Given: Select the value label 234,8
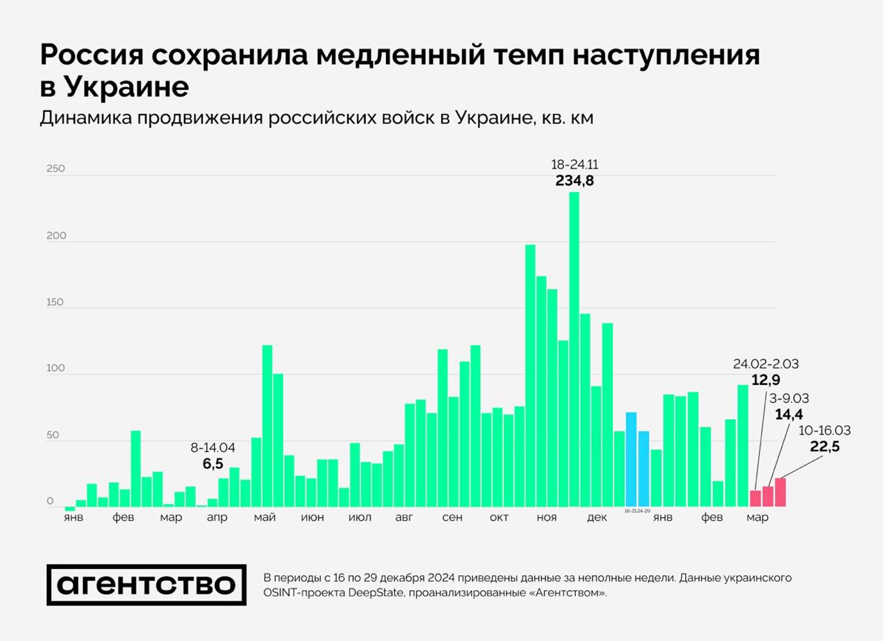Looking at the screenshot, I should point(575,181).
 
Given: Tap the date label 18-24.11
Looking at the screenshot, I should point(575,165).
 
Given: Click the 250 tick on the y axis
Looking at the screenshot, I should point(56,169).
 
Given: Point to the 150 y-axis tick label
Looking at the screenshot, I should point(55,302).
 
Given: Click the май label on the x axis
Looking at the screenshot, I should point(265,518).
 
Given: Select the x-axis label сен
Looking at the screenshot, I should point(452,518).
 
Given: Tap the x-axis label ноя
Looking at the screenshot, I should point(547,518).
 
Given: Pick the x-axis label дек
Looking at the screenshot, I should point(596,518).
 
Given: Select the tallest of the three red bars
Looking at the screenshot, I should point(780,492).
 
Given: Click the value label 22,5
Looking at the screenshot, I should point(824,447).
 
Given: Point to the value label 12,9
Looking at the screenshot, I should point(766,380).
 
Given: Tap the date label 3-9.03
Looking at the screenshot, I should point(789,398).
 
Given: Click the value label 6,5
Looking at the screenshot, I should point(213,464).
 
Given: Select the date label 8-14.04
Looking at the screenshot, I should point(213,448).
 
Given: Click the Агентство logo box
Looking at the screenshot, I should point(146,585).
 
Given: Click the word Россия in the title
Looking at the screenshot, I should point(92,55).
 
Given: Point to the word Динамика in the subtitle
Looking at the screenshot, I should point(86,118).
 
